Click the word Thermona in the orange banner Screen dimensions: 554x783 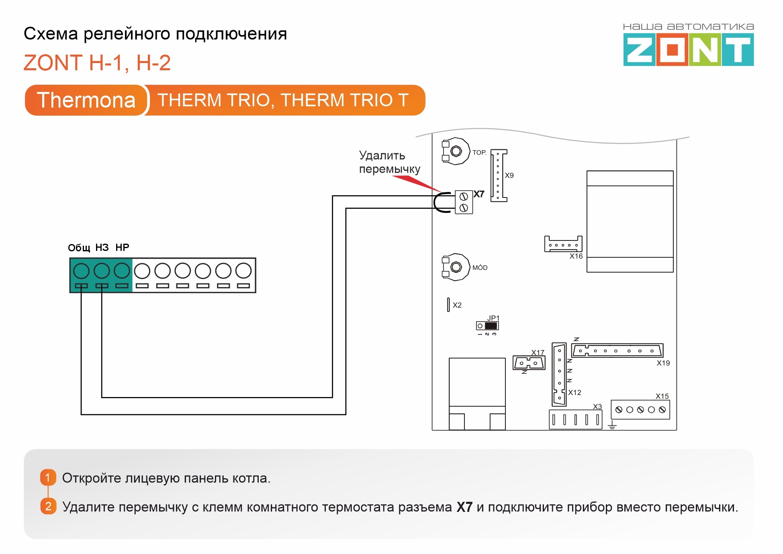(86, 100)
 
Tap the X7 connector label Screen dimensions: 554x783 (478, 194)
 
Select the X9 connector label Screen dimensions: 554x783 (509, 175)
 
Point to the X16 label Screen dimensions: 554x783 (576, 256)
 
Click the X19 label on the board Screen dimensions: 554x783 (663, 363)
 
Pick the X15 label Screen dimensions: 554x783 (662, 396)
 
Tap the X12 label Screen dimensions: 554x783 (574, 393)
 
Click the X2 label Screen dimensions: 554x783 (457, 305)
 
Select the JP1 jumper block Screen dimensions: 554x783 (487, 326)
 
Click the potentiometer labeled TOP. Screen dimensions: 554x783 (456, 151)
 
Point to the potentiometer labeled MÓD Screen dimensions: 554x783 (456, 267)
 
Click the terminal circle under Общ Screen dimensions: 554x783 (81, 271)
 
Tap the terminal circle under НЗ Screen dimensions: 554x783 (102, 271)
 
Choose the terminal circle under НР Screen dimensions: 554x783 (122, 271)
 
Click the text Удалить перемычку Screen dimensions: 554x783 (389, 162)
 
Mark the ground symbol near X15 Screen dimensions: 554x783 (612, 426)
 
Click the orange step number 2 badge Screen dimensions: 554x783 (48, 506)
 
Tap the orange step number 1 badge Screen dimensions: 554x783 (48, 477)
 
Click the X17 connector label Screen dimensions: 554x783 (538, 352)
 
